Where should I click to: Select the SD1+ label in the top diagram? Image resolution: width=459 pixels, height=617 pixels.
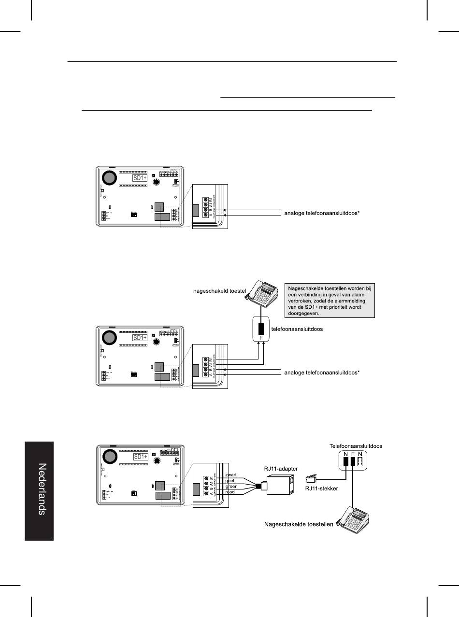click(140, 178)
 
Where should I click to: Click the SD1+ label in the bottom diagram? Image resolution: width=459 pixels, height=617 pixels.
click(140, 457)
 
